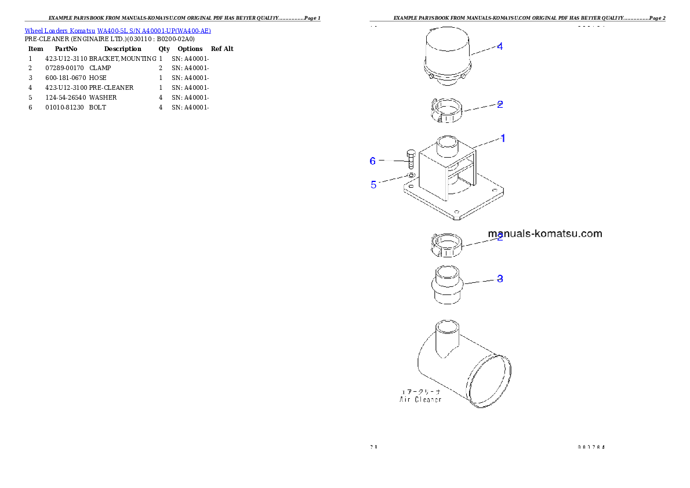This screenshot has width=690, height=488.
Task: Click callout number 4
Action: click(x=499, y=46)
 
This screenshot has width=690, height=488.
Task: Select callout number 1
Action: click(x=503, y=138)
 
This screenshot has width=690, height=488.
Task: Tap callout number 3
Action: click(x=499, y=279)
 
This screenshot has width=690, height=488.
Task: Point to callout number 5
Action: click(x=373, y=185)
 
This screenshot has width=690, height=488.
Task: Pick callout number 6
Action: click(x=373, y=161)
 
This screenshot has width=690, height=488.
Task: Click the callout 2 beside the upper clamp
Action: click(x=499, y=105)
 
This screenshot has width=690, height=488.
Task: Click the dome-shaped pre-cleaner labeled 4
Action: click(x=448, y=55)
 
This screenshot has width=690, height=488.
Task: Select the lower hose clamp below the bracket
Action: click(x=447, y=246)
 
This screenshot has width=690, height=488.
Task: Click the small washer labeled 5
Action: click(x=411, y=174)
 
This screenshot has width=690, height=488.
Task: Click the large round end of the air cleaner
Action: click(x=490, y=380)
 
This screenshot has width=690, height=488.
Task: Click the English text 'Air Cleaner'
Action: click(x=420, y=399)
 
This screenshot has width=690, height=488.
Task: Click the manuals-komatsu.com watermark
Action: click(x=545, y=234)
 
